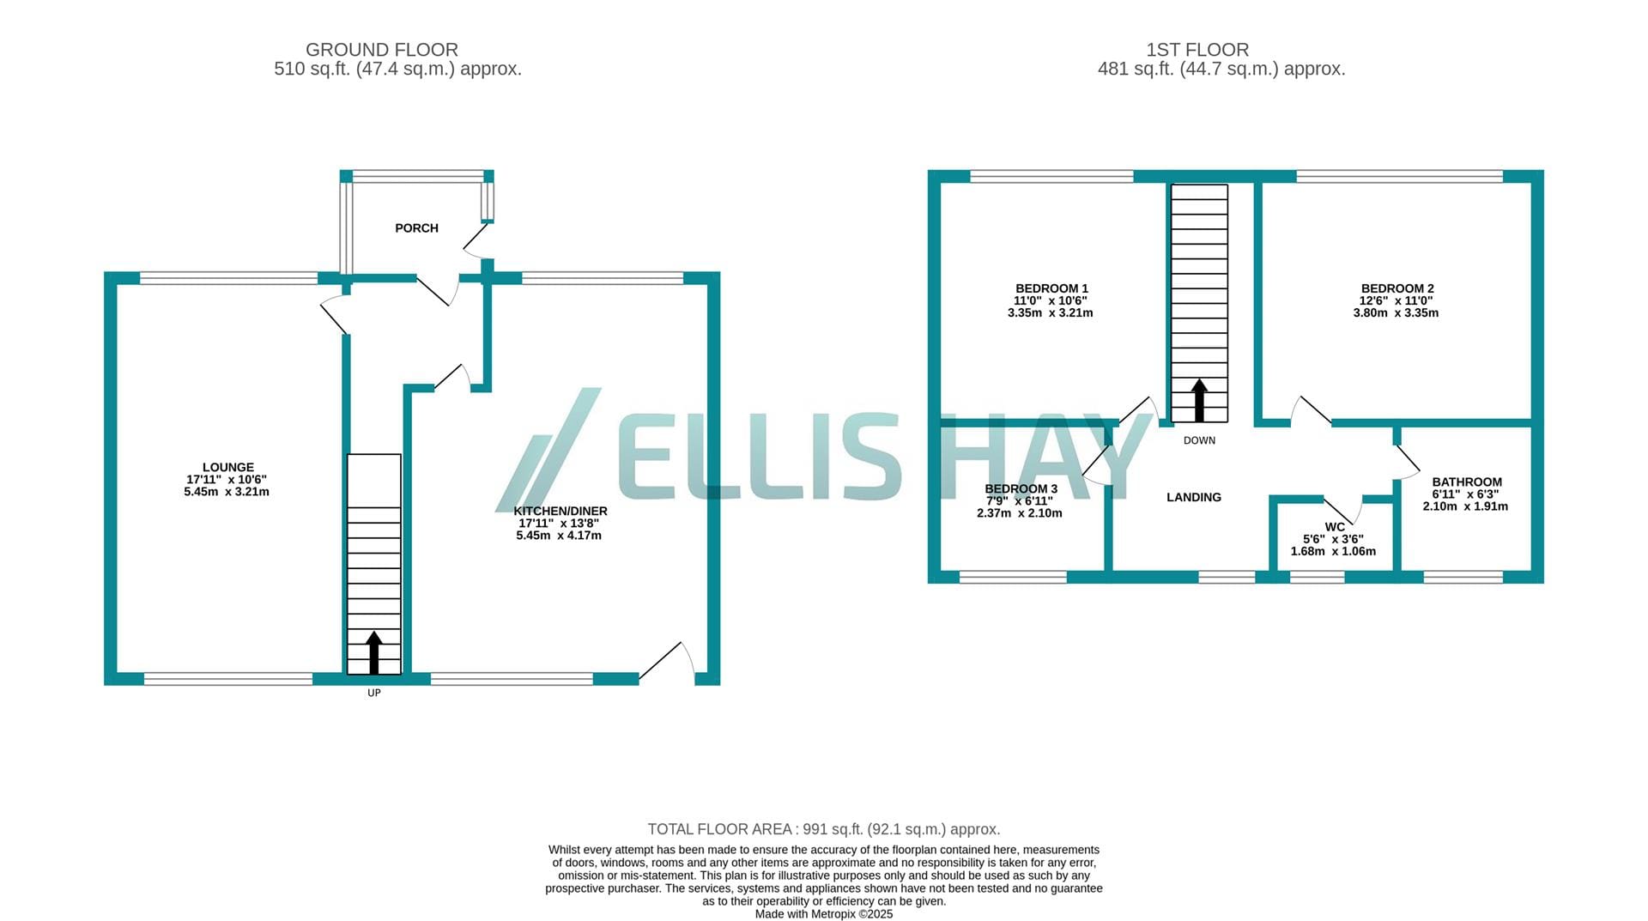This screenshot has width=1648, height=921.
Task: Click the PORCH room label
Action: pos(416,228)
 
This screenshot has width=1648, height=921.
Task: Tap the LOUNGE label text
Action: pos(228,468)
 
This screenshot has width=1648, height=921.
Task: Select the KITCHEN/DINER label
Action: pos(560,511)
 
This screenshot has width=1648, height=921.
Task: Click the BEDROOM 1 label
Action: pos(1051,288)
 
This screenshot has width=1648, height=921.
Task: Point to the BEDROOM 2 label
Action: pos(1397,288)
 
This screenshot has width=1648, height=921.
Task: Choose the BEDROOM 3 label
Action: pos(1021,488)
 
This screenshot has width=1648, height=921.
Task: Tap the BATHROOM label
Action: pos(1467,482)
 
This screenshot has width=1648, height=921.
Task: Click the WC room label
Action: pos(1335,527)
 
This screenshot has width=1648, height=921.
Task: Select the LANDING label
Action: pos(1194,497)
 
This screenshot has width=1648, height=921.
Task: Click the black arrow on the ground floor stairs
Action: pos(374,652)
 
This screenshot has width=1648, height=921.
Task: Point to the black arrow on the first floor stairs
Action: pos(1199,400)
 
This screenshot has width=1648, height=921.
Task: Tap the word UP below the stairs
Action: pos(374,693)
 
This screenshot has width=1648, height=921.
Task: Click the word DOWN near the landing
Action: pos(1199,440)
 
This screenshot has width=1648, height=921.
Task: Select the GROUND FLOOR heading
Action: pos(382,50)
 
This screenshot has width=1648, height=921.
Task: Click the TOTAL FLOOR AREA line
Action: pos(824,829)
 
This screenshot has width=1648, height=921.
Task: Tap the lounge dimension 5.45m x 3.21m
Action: pos(227,492)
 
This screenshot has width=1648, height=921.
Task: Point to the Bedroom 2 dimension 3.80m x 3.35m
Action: pos(1397,312)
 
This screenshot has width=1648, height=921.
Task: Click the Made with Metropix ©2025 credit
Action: pos(824,914)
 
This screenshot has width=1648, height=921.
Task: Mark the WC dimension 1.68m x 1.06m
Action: pos(1333,551)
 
